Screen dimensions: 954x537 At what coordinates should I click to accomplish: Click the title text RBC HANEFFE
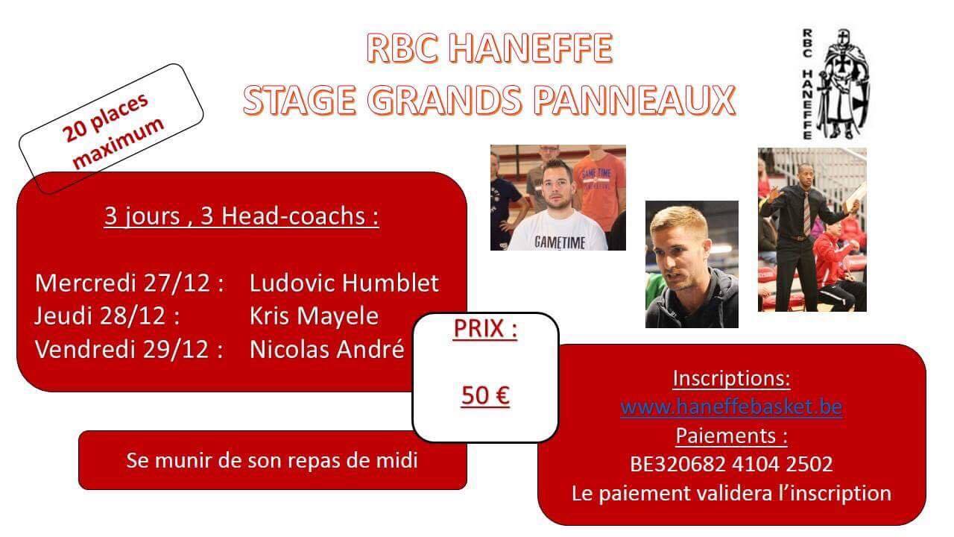tap(490, 48)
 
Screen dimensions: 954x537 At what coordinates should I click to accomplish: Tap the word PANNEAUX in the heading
tap(634, 101)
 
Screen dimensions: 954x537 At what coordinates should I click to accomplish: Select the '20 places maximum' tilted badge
tap(111, 129)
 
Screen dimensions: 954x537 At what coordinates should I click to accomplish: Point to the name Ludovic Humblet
tap(344, 283)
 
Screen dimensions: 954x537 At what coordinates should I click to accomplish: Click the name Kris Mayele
tap(314, 316)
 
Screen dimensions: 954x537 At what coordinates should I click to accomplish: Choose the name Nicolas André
tap(326, 350)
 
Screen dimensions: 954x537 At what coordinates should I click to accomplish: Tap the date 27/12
tap(177, 283)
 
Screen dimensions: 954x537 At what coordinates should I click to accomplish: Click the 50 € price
tap(485, 395)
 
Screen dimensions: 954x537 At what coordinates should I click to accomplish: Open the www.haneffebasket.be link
tap(731, 406)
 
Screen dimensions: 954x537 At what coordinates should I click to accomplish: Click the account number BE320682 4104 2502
tap(731, 464)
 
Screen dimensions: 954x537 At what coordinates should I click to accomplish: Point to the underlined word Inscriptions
tap(731, 378)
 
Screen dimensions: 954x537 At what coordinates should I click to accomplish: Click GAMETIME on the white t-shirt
tap(560, 242)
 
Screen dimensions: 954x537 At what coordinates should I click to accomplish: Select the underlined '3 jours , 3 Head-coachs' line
tap(241, 216)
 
